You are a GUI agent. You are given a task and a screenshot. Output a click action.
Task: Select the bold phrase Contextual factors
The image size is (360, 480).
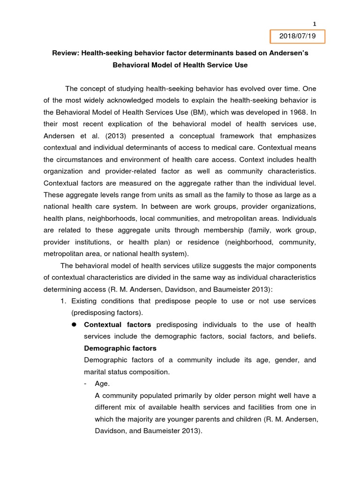(117, 324)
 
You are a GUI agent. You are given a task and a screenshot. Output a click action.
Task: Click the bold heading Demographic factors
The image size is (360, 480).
(120, 348)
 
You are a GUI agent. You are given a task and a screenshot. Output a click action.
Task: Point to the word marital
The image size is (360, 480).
(97, 372)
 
